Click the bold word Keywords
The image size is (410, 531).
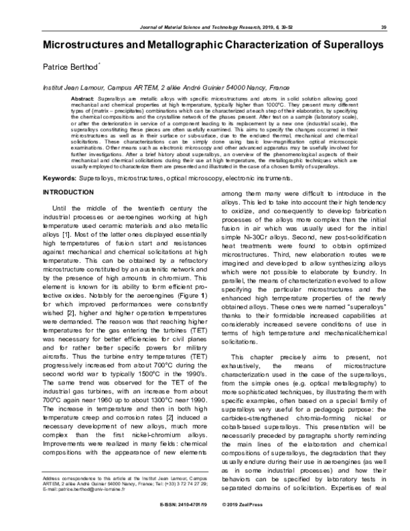tap(59, 178)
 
